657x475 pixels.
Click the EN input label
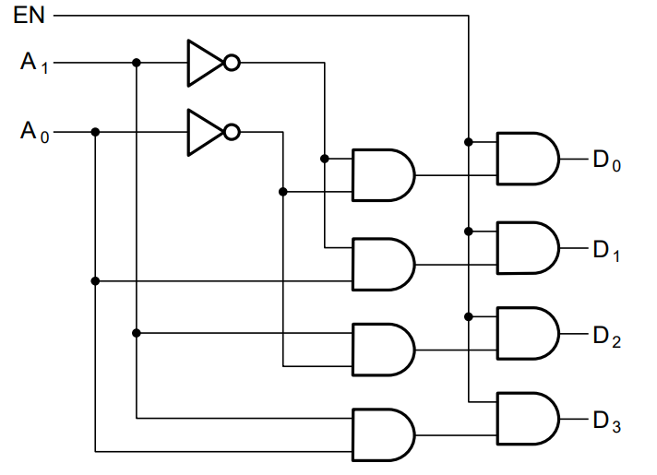(x=29, y=16)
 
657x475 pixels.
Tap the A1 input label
(x=34, y=63)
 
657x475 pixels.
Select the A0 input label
(x=34, y=132)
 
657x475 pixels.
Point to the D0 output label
(x=607, y=160)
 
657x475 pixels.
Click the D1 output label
(x=606, y=251)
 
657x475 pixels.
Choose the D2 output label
(x=607, y=337)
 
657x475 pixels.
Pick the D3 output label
(x=607, y=422)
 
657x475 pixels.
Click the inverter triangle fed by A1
(x=205, y=64)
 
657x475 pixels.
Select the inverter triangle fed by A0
(x=205, y=133)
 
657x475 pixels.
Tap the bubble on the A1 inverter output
(x=233, y=63)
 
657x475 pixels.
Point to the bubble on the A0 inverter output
(x=233, y=132)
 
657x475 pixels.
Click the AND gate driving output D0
(x=528, y=159)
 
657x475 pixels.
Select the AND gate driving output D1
(x=528, y=248)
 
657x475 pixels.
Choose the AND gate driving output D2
(x=528, y=333)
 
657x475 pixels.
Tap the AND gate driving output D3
(x=528, y=419)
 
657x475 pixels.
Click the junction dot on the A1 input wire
(x=137, y=63)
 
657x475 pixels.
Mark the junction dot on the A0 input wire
(x=95, y=132)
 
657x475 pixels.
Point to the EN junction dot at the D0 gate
(x=469, y=142)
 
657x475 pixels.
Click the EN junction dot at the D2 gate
(x=469, y=316)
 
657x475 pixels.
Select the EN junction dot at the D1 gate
(x=469, y=232)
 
